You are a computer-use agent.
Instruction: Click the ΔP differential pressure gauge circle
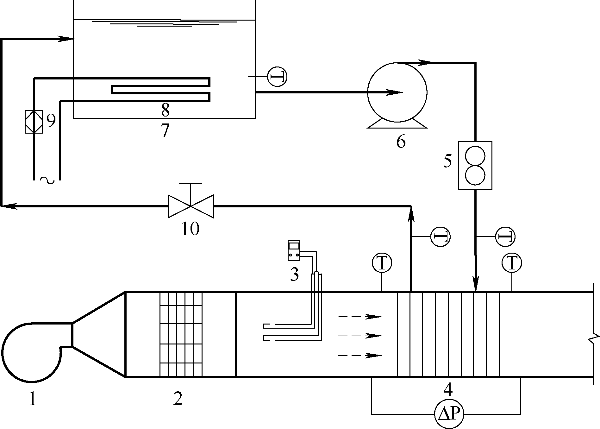coord(449,414)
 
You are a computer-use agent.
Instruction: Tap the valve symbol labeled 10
coord(191,206)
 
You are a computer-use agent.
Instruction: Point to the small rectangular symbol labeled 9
coord(34,121)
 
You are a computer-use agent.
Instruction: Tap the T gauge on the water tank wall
coord(277,77)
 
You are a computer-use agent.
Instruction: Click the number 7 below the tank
coord(165,130)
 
